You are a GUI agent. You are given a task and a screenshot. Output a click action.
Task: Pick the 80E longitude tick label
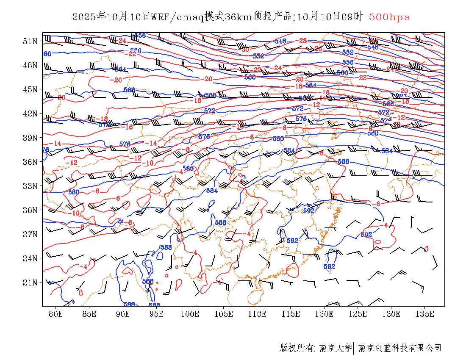click(x=56, y=314)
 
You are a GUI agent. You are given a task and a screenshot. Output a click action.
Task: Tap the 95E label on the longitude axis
click(x=157, y=314)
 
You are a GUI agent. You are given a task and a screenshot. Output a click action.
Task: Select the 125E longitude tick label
click(x=358, y=314)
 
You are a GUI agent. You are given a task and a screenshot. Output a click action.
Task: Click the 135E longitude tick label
click(x=425, y=314)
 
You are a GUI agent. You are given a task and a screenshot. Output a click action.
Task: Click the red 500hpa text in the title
click(x=389, y=17)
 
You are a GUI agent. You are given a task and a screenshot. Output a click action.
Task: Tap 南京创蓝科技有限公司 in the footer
click(x=399, y=348)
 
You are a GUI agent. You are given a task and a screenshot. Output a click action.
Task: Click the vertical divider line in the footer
click(x=354, y=348)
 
